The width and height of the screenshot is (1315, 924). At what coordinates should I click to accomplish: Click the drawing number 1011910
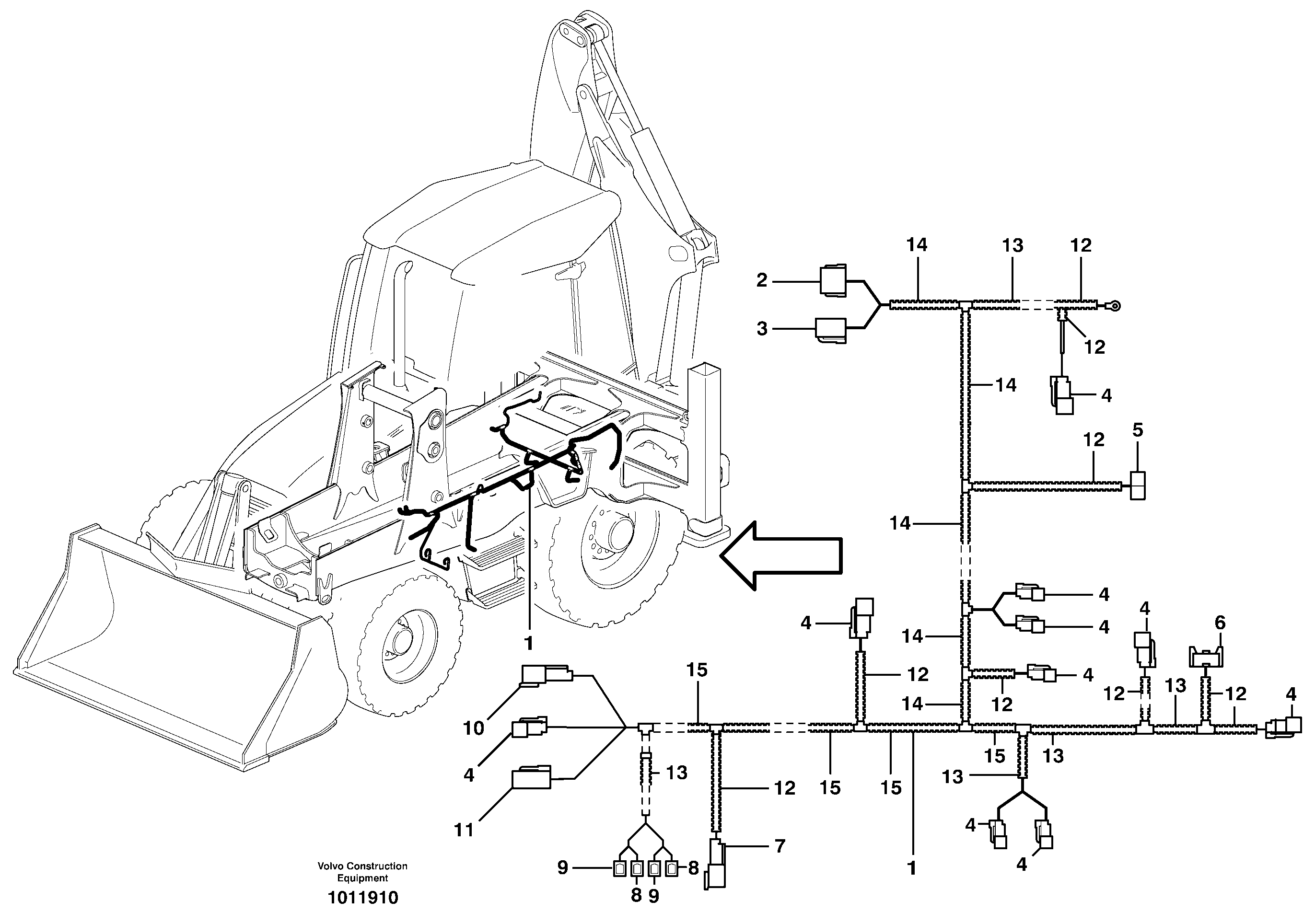tap(362, 897)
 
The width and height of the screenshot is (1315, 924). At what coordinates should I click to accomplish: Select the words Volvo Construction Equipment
tap(362, 872)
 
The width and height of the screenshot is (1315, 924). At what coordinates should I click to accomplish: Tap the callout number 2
tap(761, 280)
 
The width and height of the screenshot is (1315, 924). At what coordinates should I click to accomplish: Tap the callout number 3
tap(762, 329)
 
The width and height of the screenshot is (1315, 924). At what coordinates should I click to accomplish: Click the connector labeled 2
tap(834, 280)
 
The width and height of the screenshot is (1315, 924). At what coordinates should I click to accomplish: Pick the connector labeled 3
tap(830, 330)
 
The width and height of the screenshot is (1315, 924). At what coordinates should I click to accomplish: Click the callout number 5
tap(1138, 430)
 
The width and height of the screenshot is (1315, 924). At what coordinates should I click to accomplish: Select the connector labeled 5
tap(1138, 486)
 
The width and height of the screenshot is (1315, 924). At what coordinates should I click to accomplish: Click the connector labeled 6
tap(1206, 657)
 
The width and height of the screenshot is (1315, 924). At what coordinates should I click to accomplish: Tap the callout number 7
tap(780, 846)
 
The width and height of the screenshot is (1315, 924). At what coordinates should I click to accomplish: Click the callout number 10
tap(474, 728)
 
